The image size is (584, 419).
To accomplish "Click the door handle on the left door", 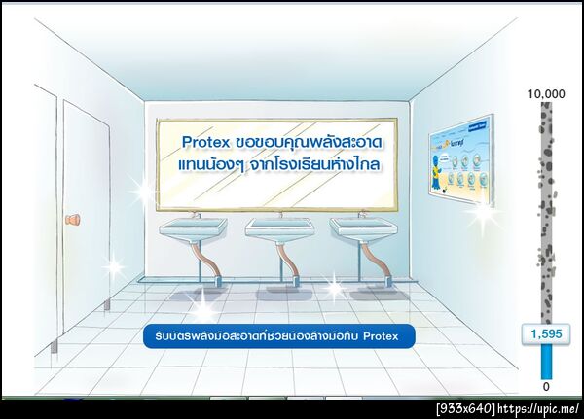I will coord(72,221).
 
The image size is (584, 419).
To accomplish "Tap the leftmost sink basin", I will coord(193,229).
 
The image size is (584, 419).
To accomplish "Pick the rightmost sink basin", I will coord(362,229).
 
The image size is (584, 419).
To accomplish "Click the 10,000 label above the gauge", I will coord(545,93).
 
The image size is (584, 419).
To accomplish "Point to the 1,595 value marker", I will coord(545,334).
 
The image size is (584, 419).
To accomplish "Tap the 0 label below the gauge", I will coord(545,387).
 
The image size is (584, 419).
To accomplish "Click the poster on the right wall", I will coord(460,159).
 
